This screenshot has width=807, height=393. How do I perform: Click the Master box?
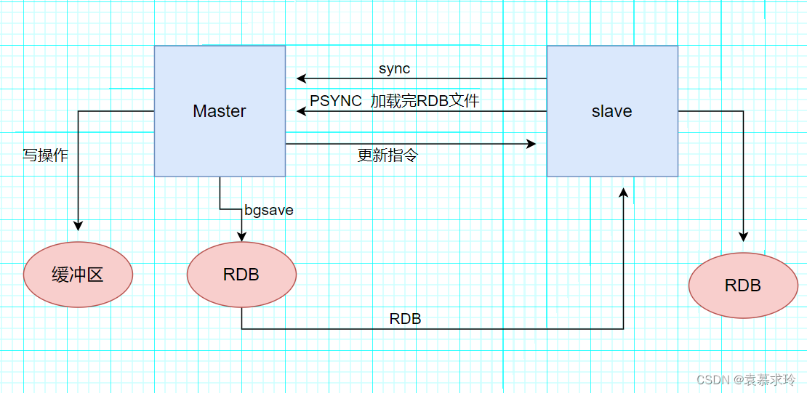point(220,111)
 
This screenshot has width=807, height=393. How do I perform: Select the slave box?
point(612,111)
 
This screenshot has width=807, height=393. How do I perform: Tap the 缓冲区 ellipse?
point(78,275)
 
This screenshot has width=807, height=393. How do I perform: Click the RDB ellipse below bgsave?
point(241,275)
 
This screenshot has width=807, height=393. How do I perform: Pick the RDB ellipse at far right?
point(743,285)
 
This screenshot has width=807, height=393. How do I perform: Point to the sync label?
point(394,69)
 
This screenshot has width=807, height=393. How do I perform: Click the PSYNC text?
point(336,101)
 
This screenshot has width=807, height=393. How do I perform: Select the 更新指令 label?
point(388,155)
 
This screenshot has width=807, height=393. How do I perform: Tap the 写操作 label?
point(45,155)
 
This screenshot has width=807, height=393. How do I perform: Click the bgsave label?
point(269,211)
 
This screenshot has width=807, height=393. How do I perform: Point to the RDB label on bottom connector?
point(405,319)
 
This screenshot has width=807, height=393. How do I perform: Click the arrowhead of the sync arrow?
point(300,78)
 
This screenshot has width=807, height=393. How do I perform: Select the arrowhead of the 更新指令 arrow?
point(531,144)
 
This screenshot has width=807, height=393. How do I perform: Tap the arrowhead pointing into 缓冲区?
point(78,227)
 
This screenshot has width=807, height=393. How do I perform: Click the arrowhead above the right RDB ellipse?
point(743,237)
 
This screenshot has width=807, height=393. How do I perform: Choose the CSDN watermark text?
point(745,380)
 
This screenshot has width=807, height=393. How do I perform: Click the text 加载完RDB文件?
point(425,101)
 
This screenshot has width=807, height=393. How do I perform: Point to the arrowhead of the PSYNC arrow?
point(300,111)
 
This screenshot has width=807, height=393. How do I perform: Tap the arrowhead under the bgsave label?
point(241,237)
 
